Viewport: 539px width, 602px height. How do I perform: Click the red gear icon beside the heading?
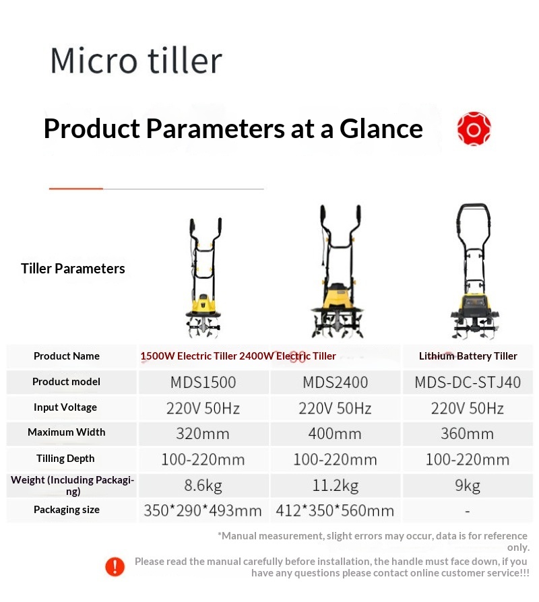(x=474, y=129)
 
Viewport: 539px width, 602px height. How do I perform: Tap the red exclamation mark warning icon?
(x=115, y=567)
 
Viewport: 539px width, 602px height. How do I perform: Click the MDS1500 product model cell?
(x=203, y=382)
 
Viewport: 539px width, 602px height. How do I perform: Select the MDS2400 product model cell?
(x=336, y=382)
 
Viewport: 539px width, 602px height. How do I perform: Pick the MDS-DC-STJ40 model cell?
(x=468, y=382)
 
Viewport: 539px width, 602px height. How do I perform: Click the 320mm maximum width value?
(x=203, y=434)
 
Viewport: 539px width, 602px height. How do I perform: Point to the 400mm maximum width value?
(x=335, y=434)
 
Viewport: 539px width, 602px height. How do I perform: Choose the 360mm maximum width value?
(x=467, y=434)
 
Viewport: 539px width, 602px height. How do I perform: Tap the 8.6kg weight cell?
(x=203, y=486)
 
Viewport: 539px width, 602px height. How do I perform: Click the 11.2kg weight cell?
(x=336, y=486)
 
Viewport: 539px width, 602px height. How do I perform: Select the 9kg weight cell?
(x=468, y=486)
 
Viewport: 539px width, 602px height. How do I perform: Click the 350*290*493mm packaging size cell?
(x=203, y=511)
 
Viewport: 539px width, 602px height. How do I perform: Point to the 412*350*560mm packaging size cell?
(x=335, y=511)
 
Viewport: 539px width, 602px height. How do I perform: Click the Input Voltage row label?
(x=65, y=407)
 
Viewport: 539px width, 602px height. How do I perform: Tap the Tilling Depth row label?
(x=65, y=459)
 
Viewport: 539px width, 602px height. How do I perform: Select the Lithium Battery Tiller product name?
(x=468, y=356)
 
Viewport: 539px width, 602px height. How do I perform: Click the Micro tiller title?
(x=136, y=60)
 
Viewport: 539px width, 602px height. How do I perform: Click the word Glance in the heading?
(x=381, y=129)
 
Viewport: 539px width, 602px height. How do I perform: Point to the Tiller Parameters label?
(x=73, y=269)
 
